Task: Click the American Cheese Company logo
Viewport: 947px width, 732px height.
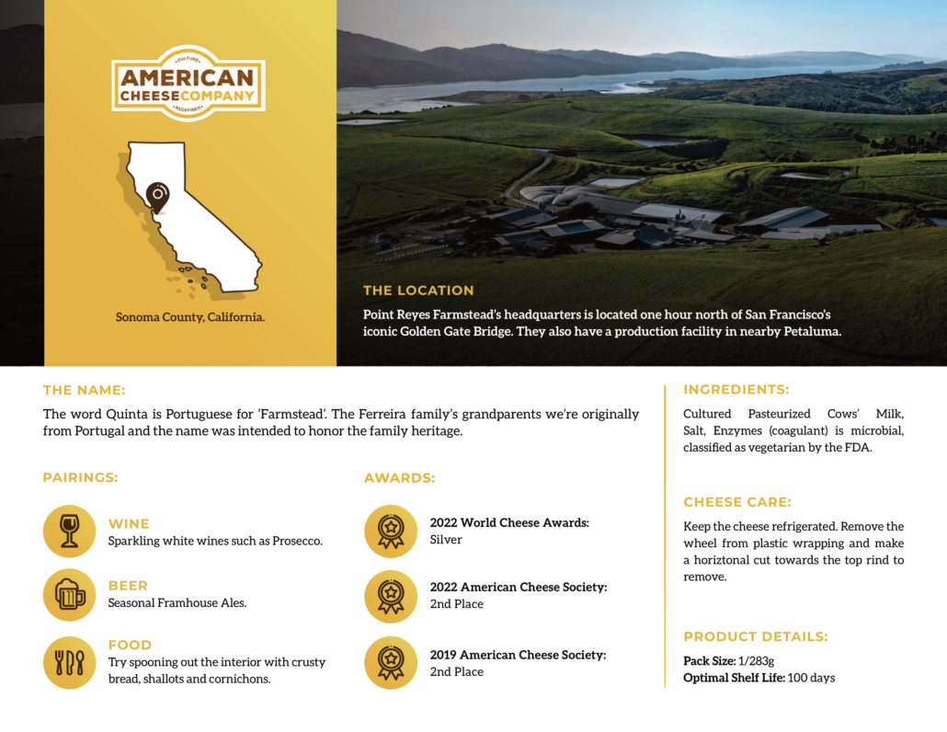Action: (x=188, y=84)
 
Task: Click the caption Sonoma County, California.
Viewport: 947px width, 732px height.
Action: (x=190, y=317)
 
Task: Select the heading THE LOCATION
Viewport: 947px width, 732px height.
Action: (x=418, y=291)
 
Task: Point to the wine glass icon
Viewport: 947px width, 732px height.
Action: (x=70, y=531)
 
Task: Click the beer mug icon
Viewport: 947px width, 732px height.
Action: (x=70, y=595)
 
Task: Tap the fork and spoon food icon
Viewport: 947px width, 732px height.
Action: (x=70, y=662)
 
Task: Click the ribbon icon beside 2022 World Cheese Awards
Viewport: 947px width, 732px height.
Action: (x=391, y=531)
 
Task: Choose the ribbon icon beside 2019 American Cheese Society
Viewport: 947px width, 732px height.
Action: (x=391, y=662)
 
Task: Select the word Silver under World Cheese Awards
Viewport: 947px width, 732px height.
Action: (x=446, y=540)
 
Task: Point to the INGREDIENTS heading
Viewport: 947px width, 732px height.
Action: (x=736, y=390)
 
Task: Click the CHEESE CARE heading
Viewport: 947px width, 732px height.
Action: (x=737, y=502)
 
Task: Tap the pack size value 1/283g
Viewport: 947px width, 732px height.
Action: (x=756, y=661)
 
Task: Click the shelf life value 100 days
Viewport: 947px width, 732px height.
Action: (x=811, y=679)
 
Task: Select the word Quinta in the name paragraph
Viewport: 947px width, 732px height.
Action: (x=127, y=415)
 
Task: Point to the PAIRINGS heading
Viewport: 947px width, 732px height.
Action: (x=80, y=478)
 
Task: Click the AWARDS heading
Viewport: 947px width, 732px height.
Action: (x=399, y=478)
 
